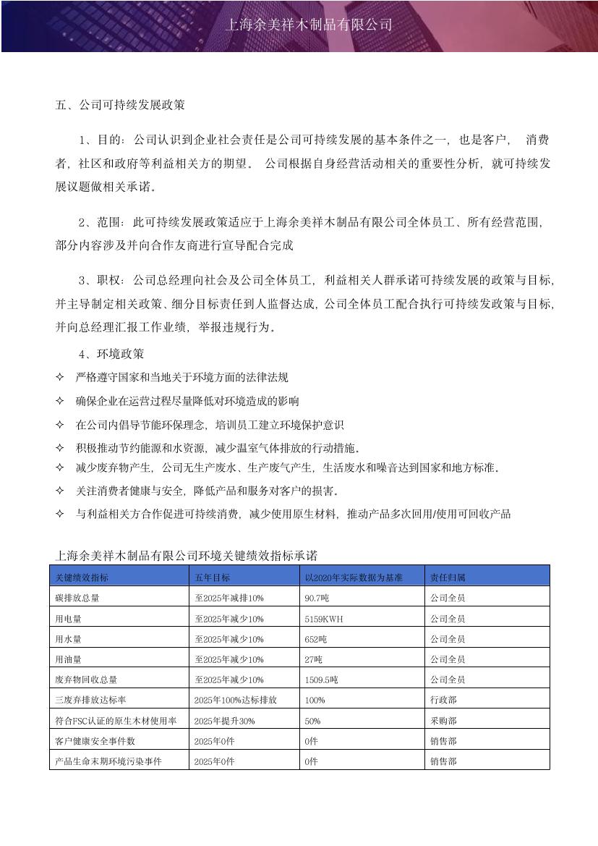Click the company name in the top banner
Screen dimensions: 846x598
pyautogui.click(x=309, y=25)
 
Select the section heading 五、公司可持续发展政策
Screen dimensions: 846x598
pyautogui.click(x=120, y=104)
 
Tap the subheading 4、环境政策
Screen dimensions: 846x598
pyautogui.click(x=111, y=354)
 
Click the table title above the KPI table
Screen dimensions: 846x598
pyautogui.click(x=186, y=556)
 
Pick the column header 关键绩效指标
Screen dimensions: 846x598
pyautogui.click(x=82, y=578)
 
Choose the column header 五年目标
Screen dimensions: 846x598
pyautogui.click(x=213, y=578)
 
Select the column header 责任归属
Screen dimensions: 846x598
pyautogui.click(x=448, y=578)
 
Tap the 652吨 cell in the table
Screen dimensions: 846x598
pyautogui.click(x=315, y=639)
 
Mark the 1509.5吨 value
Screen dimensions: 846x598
pyautogui.click(x=321, y=680)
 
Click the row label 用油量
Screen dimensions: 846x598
pyautogui.click(x=68, y=659)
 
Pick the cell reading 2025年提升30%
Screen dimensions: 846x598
pyautogui.click(x=224, y=721)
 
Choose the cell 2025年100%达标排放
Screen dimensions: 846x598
pyautogui.click(x=236, y=701)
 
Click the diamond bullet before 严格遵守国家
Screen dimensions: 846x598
pyautogui.click(x=60, y=377)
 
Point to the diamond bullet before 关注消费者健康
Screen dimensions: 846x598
pyautogui.click(x=60, y=491)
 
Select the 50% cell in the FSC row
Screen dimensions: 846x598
pyautogui.click(x=313, y=721)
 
